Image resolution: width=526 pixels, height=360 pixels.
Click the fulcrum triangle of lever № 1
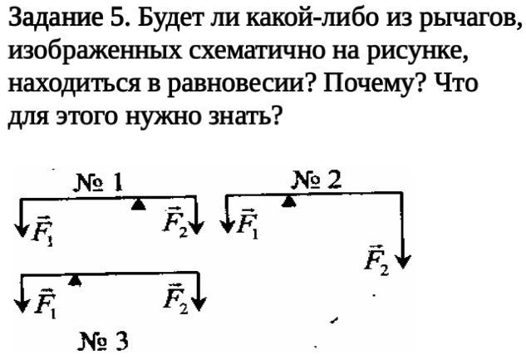(140, 202)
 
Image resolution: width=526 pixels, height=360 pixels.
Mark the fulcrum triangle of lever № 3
(76, 279)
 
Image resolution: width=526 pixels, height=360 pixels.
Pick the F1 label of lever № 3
(47, 303)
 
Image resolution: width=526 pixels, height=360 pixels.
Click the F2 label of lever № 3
(175, 297)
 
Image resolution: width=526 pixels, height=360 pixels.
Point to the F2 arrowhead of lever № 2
(404, 262)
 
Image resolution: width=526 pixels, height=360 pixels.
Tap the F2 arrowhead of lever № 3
(199, 303)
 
